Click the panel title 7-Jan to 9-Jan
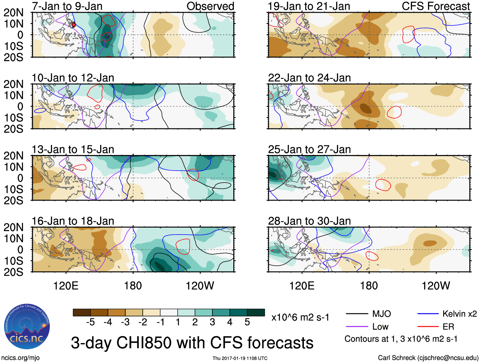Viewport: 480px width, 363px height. point(67,6)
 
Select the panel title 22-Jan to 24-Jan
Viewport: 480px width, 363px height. point(309,78)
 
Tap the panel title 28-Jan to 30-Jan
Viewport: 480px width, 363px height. point(309,221)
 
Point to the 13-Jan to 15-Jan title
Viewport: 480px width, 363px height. point(73,149)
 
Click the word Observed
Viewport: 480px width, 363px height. point(210,6)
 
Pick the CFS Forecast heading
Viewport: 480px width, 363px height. point(435,6)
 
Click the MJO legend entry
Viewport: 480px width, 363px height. point(381,314)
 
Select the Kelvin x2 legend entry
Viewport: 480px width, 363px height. point(459,314)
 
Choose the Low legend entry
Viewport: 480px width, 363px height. point(380,327)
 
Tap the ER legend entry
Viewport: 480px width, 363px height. point(448,327)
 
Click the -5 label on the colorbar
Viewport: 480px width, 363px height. point(90,322)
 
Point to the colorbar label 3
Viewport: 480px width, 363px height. point(212,322)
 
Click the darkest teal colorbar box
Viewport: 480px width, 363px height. point(256,312)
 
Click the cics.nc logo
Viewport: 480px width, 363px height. point(27,327)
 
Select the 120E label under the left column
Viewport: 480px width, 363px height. point(66,286)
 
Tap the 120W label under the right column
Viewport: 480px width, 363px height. point(435,286)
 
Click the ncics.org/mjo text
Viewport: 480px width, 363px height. point(20,358)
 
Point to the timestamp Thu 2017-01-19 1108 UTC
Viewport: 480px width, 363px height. point(240,358)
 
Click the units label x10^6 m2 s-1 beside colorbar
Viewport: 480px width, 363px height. point(300,318)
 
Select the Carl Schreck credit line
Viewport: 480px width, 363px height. point(428,358)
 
